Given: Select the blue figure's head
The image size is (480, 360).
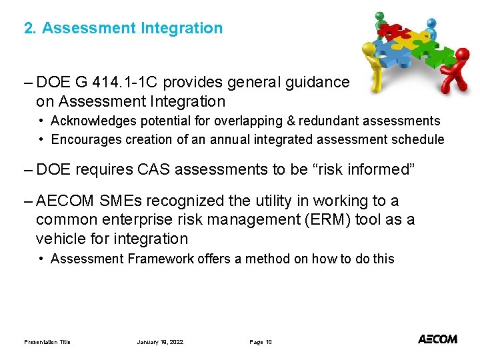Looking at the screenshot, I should [431, 23].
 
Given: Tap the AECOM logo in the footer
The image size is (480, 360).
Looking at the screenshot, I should [437, 339].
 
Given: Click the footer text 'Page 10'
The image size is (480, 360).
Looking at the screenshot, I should [260, 342].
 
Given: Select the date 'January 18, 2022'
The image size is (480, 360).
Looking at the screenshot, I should [160, 342].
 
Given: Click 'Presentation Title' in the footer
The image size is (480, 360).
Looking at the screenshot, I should [47, 342].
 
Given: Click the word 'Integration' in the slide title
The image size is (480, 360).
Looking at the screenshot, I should [181, 28].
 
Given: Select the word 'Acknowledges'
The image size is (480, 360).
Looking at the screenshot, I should [89, 121].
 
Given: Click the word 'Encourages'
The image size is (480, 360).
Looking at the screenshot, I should [82, 139].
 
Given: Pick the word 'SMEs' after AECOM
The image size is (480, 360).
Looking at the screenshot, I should [113, 201].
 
